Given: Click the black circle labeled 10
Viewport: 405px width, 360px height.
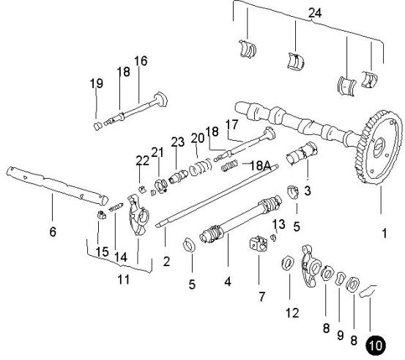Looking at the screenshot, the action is tap(376, 345).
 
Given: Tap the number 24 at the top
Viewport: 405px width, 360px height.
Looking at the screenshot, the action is tap(315, 13).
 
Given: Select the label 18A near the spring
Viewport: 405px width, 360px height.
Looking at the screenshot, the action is tap(261, 166).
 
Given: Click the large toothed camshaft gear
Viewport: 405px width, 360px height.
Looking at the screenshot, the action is tap(377, 147).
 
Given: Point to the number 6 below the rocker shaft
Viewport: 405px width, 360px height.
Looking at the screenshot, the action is tap(53, 232).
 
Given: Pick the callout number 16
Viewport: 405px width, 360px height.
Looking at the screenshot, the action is tap(141, 61).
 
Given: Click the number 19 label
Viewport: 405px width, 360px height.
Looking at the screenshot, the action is tap(97, 84).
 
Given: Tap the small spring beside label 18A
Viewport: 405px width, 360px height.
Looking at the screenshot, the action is tap(229, 166).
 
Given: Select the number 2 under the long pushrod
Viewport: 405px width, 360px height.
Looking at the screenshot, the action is tap(166, 261).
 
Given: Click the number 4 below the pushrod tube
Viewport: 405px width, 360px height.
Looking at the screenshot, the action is tap(228, 282).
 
